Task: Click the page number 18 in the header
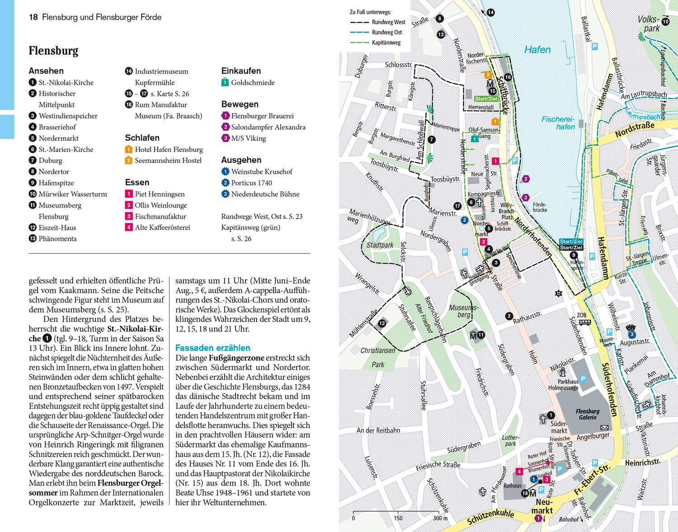click(x=33, y=18)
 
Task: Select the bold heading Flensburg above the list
click(x=53, y=51)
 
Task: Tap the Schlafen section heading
click(x=142, y=138)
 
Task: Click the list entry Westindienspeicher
click(x=68, y=116)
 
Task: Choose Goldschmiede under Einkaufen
click(x=252, y=83)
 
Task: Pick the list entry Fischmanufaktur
click(x=160, y=216)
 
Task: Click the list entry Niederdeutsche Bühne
click(x=265, y=194)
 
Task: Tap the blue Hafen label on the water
click(x=537, y=50)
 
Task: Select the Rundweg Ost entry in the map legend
click(x=386, y=32)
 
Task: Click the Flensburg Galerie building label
click(x=587, y=414)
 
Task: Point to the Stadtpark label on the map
click(x=380, y=245)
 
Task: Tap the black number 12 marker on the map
click(x=382, y=323)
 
